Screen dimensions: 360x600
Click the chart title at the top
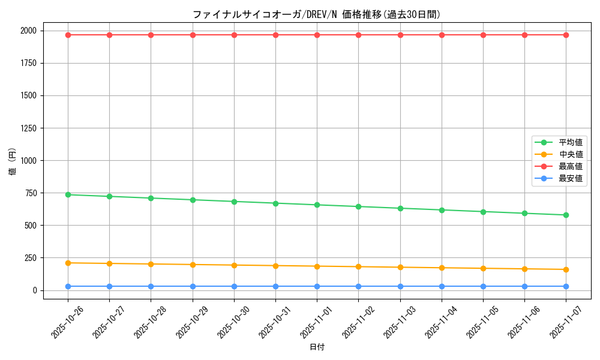(x=317, y=14)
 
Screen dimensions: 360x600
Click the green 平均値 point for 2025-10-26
(x=68, y=194)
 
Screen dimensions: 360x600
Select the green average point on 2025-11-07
(x=566, y=215)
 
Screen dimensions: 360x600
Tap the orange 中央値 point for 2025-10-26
(x=68, y=263)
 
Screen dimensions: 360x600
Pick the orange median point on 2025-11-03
(x=400, y=267)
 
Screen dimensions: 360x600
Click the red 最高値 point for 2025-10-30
(x=234, y=35)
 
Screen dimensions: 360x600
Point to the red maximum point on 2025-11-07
(x=566, y=35)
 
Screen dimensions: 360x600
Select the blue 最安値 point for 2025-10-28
(x=151, y=286)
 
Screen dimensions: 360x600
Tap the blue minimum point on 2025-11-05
(x=483, y=286)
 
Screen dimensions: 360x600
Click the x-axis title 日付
(x=317, y=347)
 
